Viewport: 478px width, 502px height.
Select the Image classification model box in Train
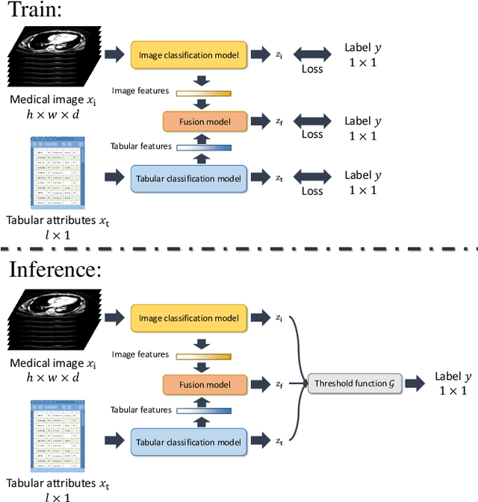coord(189,54)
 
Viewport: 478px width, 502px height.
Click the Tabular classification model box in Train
coord(189,178)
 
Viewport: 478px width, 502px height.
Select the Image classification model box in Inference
coord(189,319)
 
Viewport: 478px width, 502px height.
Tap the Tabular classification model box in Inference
coord(189,442)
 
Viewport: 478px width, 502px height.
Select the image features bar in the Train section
coord(203,92)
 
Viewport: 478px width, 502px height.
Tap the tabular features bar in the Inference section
coord(203,410)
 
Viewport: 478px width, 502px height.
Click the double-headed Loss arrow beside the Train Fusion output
coord(311,121)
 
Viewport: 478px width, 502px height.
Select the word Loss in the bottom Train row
coord(312,191)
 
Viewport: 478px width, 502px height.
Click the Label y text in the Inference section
coord(453,376)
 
